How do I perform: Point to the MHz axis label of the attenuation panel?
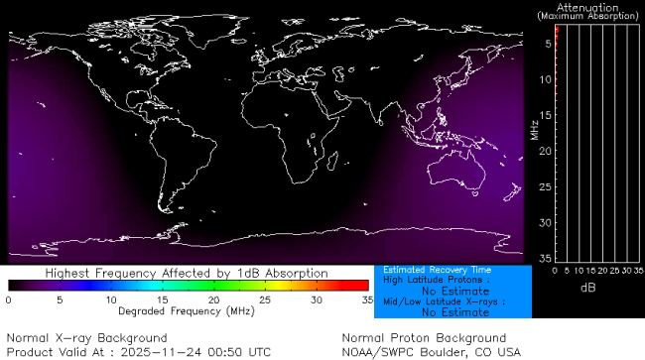pyautogui.click(x=534, y=129)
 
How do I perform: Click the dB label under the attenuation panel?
pyautogui.click(x=587, y=287)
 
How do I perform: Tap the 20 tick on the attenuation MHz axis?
pyautogui.click(x=545, y=151)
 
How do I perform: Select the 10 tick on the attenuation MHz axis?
pyautogui.click(x=545, y=79)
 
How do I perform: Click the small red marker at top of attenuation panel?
pyautogui.click(x=557, y=34)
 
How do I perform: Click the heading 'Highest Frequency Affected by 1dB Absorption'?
pyautogui.click(x=187, y=272)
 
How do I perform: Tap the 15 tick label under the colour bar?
pyautogui.click(x=162, y=299)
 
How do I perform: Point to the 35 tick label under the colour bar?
pyautogui.click(x=364, y=299)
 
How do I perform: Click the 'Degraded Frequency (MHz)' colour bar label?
pyautogui.click(x=187, y=310)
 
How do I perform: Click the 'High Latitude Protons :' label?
pyautogui.click(x=431, y=281)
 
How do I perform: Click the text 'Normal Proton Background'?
pyautogui.click(x=424, y=338)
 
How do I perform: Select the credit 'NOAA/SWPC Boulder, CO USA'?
pyautogui.click(x=431, y=352)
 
